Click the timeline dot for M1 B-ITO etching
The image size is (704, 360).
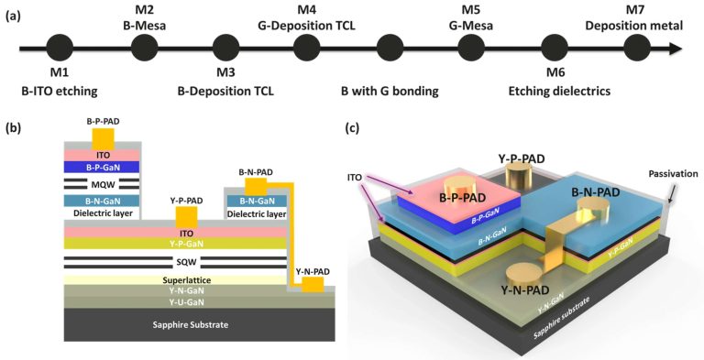(60, 48)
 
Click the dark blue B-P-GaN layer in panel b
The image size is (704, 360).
(101, 167)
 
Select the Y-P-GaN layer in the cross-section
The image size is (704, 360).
(174, 244)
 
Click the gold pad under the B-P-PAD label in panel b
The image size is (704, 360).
(101, 138)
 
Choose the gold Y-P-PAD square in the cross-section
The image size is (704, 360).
(186, 216)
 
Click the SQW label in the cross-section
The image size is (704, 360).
(174, 262)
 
